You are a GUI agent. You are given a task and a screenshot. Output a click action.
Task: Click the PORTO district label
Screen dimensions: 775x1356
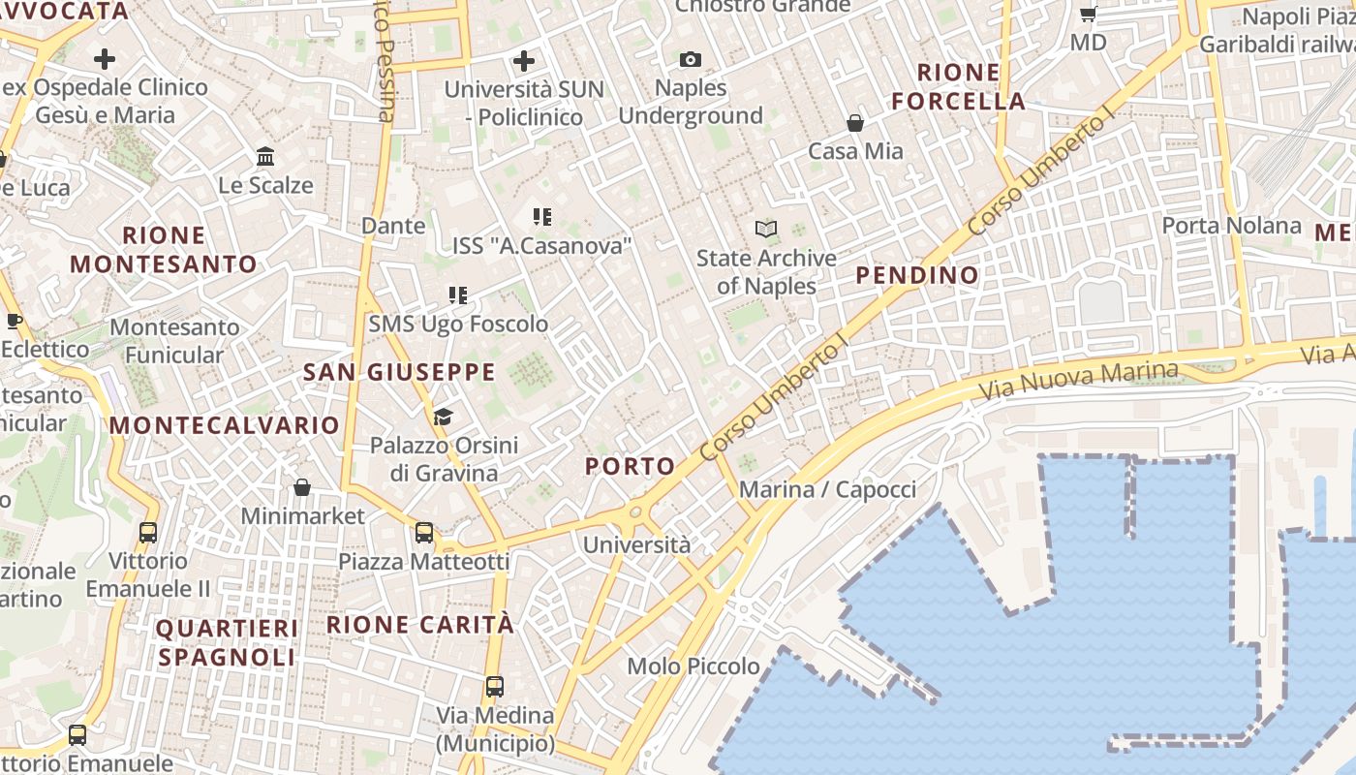[630, 466]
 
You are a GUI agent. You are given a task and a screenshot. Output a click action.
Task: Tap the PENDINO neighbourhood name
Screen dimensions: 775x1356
[917, 275]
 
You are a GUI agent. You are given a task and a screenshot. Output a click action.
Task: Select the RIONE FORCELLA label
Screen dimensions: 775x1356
[958, 86]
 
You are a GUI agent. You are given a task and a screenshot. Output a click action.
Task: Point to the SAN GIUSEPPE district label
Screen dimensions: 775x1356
[399, 372]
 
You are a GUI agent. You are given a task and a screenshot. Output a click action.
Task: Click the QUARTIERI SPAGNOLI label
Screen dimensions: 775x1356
[227, 642]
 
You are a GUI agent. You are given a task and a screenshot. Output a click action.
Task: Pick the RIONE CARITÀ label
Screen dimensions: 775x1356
[420, 625]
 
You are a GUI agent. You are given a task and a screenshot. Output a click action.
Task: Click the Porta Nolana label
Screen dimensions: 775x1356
[1231, 226]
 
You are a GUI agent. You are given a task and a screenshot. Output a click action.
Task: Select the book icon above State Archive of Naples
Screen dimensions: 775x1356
[766, 230]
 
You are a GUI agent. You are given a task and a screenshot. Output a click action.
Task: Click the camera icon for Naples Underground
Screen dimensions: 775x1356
[690, 60]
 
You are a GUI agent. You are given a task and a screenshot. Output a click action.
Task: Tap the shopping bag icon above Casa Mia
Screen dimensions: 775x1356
[855, 123]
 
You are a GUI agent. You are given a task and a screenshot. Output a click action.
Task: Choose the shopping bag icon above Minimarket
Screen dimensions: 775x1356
[302, 487]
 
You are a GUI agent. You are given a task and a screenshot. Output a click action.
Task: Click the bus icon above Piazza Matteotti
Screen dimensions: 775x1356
[424, 532]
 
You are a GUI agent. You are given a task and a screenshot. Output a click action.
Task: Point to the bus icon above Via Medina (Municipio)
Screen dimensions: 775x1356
[495, 687]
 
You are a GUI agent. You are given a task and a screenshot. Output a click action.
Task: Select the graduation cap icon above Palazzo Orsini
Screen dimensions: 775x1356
[443, 417]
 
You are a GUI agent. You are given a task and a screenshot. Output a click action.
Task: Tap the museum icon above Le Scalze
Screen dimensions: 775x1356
[265, 156]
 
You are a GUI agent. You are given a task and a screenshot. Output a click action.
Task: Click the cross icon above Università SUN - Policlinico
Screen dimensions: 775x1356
[524, 62]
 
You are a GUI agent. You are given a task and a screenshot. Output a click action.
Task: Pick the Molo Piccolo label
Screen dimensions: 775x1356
[693, 666]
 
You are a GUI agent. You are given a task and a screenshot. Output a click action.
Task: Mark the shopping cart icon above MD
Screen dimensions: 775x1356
[1088, 14]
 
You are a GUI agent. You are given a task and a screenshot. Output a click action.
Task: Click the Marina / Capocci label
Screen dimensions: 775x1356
[827, 489]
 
